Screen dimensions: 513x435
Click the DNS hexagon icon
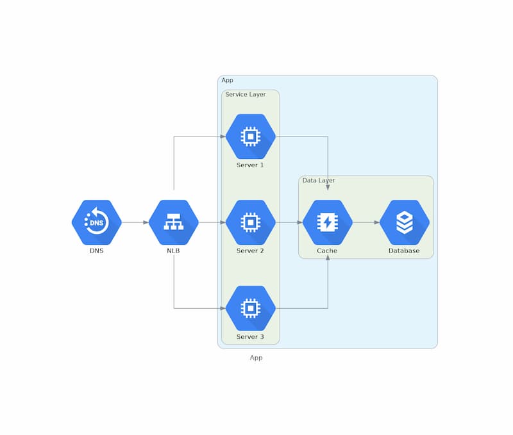[97, 222]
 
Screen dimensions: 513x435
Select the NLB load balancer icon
[173, 222]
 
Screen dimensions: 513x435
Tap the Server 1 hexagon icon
[251, 136]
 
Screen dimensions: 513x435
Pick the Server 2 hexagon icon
[251, 222]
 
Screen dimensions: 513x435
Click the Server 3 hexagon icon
[251, 308]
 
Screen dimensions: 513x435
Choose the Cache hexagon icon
[328, 222]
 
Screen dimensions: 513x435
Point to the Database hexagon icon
[405, 222]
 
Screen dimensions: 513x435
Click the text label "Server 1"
[250, 165]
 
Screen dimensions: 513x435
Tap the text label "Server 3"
[250, 336]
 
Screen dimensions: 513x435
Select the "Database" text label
[404, 250]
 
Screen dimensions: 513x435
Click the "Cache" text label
[327, 250]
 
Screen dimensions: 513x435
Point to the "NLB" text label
[173, 250]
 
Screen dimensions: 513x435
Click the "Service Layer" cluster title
[246, 94]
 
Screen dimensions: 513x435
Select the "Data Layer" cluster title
[319, 181]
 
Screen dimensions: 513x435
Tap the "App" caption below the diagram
[256, 358]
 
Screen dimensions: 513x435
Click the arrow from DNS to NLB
[135, 222]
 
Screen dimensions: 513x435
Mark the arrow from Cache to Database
[366, 222]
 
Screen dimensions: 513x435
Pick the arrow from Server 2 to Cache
[289, 222]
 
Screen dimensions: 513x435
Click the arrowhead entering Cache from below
[328, 258]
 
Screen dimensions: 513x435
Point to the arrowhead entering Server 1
[223, 136]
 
